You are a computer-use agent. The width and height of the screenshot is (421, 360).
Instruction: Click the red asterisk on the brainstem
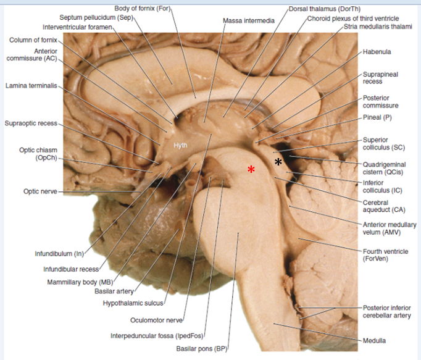click(251, 169)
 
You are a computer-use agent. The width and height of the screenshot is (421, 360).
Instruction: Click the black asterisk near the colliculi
click(278, 162)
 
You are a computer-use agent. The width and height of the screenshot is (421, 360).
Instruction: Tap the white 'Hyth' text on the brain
click(180, 146)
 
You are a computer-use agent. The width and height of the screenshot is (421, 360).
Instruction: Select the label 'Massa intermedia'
click(249, 21)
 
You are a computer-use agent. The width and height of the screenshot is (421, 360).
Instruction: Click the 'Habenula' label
click(377, 52)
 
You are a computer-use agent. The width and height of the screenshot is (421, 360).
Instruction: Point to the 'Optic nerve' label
click(40, 191)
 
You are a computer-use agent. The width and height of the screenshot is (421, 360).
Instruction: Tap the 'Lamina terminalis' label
click(31, 85)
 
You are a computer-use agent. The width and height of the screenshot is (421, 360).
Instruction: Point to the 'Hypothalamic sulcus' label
click(132, 303)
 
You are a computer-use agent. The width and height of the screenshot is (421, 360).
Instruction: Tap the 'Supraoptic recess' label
click(31, 123)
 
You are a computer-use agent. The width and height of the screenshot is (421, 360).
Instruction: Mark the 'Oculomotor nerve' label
click(156, 320)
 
